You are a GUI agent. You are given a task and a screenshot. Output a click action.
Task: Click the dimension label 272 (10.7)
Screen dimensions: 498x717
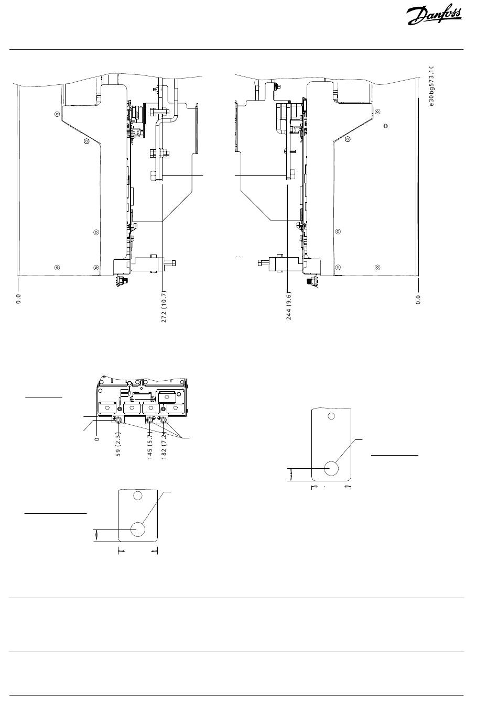coord(164,306)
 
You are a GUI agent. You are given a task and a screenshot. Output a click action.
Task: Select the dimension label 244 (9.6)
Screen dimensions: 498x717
coord(288,306)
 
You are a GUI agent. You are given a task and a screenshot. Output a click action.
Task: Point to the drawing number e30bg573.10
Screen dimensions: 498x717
coord(431,86)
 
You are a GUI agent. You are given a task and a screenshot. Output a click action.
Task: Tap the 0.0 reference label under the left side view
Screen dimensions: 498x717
coord(18,299)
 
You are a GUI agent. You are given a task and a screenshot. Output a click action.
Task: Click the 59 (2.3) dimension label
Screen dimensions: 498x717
coord(118,444)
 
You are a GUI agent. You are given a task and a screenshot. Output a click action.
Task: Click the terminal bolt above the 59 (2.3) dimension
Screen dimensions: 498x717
coord(118,420)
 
